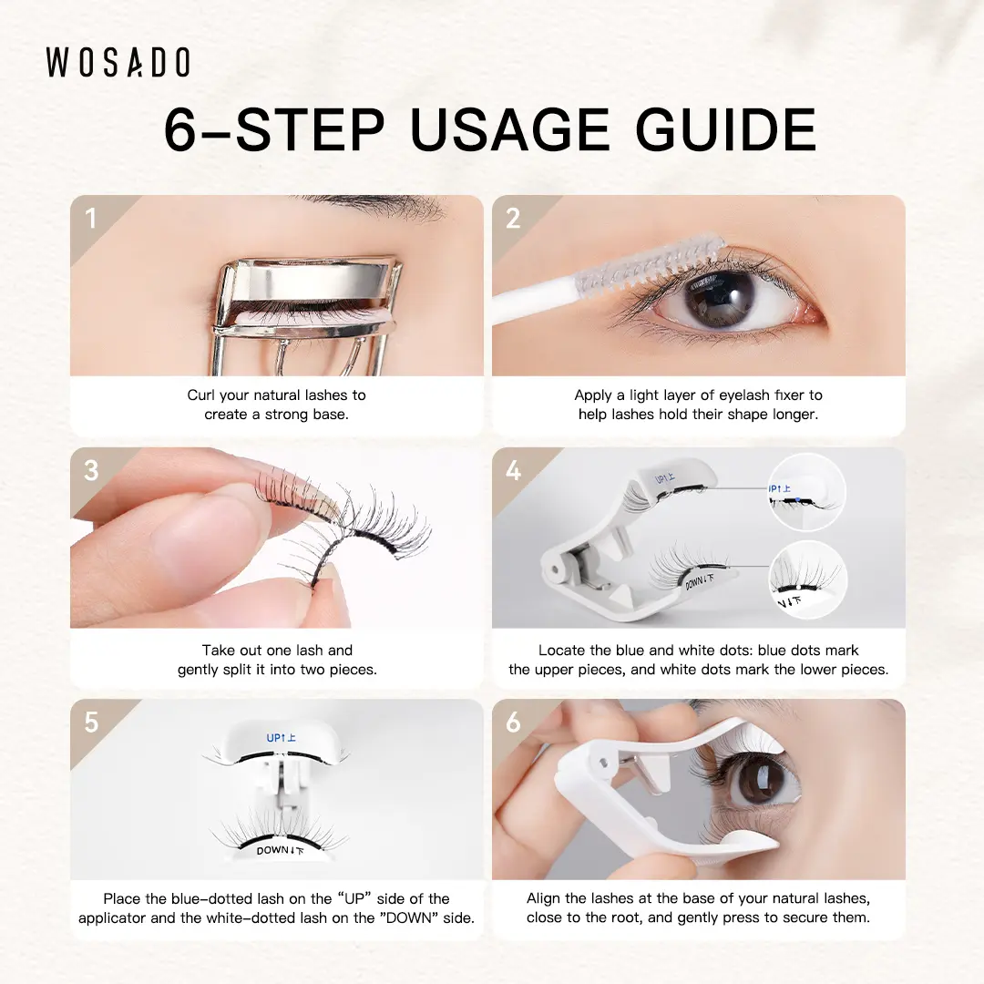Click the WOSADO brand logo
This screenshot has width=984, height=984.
(x=118, y=62)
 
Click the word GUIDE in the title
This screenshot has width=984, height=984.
(x=725, y=129)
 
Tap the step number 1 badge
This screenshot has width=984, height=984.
(x=91, y=219)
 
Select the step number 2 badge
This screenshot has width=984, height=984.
(x=513, y=219)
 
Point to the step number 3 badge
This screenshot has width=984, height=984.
(x=91, y=471)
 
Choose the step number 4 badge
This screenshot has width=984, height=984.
(x=513, y=471)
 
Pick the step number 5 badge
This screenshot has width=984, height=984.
(x=91, y=723)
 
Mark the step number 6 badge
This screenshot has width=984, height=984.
(x=513, y=723)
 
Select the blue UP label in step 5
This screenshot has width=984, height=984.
(x=281, y=737)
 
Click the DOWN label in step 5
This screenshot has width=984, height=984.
(x=280, y=850)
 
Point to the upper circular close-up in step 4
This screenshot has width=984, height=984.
(x=806, y=491)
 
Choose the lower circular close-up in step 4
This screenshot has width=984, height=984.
(x=807, y=579)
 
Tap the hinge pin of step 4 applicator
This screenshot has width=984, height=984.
(x=556, y=570)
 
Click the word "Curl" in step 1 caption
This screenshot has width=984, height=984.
(x=200, y=395)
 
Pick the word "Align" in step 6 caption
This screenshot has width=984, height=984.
(x=543, y=898)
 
